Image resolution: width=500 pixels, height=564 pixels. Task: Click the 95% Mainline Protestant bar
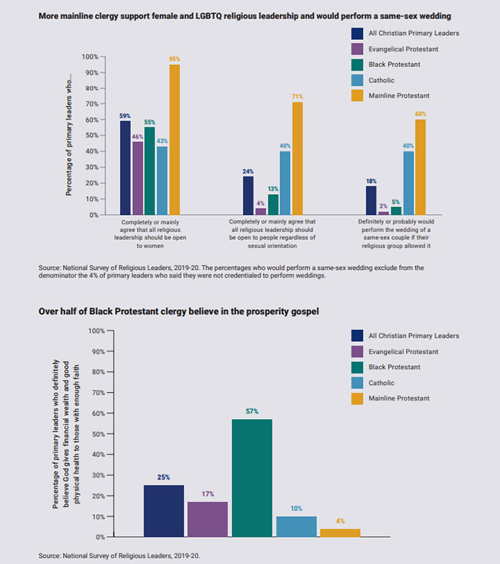pos(174,140)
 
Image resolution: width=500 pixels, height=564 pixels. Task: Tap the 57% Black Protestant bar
pos(251,478)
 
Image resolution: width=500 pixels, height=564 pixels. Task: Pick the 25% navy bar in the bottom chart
pos(164,510)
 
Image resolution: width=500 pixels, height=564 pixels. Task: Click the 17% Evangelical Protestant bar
pos(207,519)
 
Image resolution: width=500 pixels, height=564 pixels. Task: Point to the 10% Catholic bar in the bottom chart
pos(296,526)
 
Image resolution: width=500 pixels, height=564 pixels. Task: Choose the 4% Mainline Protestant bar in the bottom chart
pos(340,533)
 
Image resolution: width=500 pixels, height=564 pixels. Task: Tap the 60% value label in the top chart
pos(421,114)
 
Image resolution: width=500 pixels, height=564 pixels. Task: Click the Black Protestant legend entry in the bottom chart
pos(394,367)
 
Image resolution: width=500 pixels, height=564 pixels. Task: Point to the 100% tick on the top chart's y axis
pos(89,57)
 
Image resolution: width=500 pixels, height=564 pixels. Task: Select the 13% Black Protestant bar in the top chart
pos(273,205)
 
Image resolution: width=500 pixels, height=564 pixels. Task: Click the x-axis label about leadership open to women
pos(150,233)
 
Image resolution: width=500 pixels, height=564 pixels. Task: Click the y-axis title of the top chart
pos(69,136)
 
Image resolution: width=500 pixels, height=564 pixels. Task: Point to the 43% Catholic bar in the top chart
pos(162,181)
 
